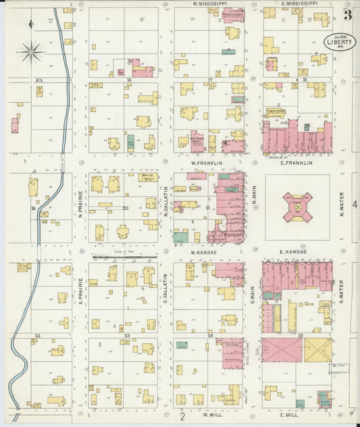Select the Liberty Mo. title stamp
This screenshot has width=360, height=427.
coord(340,41)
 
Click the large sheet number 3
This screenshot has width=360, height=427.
coord(347,15)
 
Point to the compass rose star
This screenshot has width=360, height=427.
coord(31,50)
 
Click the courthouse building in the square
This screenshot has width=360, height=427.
coord(297,207)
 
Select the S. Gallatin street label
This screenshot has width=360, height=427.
coord(165,286)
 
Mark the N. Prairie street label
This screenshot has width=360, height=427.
coord(79,206)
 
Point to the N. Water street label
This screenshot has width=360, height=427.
coord(342,206)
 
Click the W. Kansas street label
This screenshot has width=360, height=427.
coord(202,252)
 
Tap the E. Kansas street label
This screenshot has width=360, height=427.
coord(294,252)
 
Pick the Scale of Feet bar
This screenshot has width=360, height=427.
coord(125,257)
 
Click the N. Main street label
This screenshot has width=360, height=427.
coord(255,196)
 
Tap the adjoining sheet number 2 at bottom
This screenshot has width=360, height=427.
coord(182,416)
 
